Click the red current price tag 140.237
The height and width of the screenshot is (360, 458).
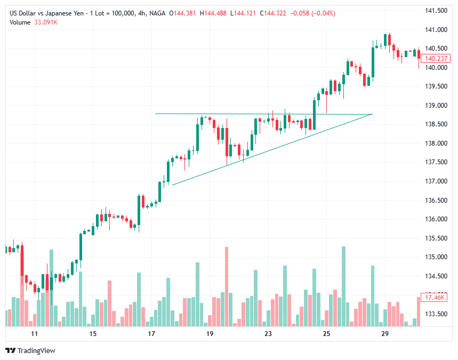[436, 59]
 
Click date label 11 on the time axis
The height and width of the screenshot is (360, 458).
[35, 334]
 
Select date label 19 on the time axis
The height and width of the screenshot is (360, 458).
[210, 334]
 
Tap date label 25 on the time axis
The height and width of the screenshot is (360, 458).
[326, 334]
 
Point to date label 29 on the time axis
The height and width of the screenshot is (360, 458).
[384, 334]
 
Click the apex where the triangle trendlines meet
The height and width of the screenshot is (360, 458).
[372, 114]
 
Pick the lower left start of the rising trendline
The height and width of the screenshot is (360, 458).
[172, 185]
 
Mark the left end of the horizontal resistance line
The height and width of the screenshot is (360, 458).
[155, 114]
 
